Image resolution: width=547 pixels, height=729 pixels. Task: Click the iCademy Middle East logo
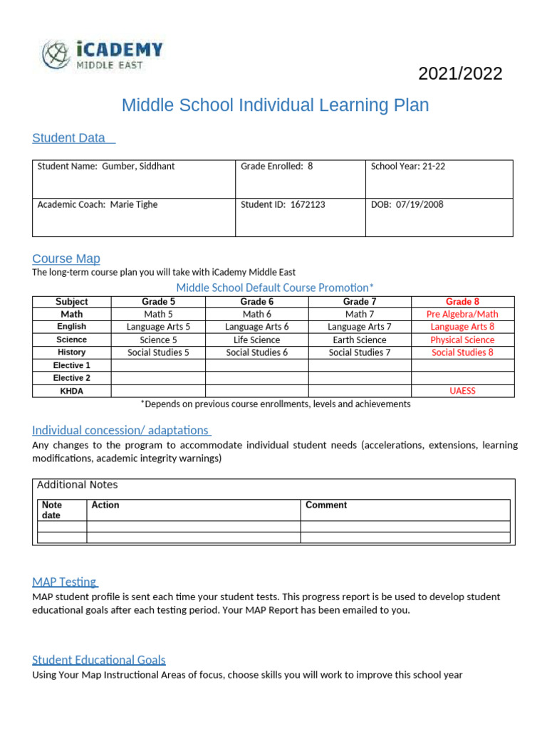[x=101, y=55]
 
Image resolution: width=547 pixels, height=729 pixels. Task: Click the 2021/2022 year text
[x=459, y=73]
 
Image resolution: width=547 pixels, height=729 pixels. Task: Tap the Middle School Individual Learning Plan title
[x=275, y=105]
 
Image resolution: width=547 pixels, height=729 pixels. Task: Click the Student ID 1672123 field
[x=283, y=205]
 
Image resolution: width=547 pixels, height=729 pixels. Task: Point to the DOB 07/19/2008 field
[x=407, y=205]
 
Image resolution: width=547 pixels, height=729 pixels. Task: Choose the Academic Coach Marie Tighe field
[x=98, y=205]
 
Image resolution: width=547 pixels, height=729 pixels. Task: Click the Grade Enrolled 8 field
[x=276, y=167]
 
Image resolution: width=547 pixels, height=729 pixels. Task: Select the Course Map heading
[x=66, y=258]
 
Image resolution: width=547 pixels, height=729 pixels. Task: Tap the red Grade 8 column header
[x=462, y=302]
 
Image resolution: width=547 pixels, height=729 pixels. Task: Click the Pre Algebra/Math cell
[x=462, y=314]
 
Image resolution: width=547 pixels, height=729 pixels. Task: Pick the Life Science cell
[x=256, y=340]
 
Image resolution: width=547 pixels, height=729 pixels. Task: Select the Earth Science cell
[x=359, y=340]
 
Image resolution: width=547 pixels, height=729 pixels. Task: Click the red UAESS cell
[x=462, y=391]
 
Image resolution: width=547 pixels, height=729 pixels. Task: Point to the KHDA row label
[x=71, y=391]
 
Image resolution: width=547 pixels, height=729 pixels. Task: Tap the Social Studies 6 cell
[x=256, y=352]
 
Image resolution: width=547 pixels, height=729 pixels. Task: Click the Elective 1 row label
[x=71, y=365]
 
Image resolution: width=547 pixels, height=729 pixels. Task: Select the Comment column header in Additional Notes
[x=326, y=505]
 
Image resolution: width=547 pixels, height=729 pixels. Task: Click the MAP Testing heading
[x=65, y=582]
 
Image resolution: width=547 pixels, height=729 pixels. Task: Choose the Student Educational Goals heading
[x=99, y=660]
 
